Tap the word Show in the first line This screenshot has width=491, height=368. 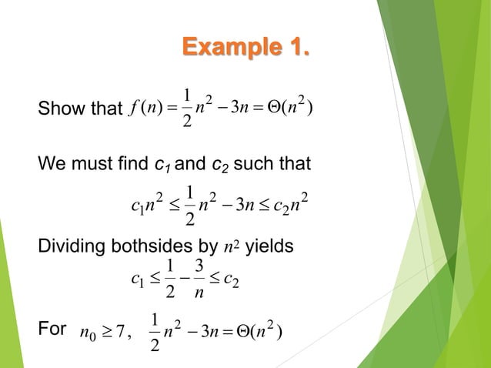tap(56, 111)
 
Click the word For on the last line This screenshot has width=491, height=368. tap(52, 331)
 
